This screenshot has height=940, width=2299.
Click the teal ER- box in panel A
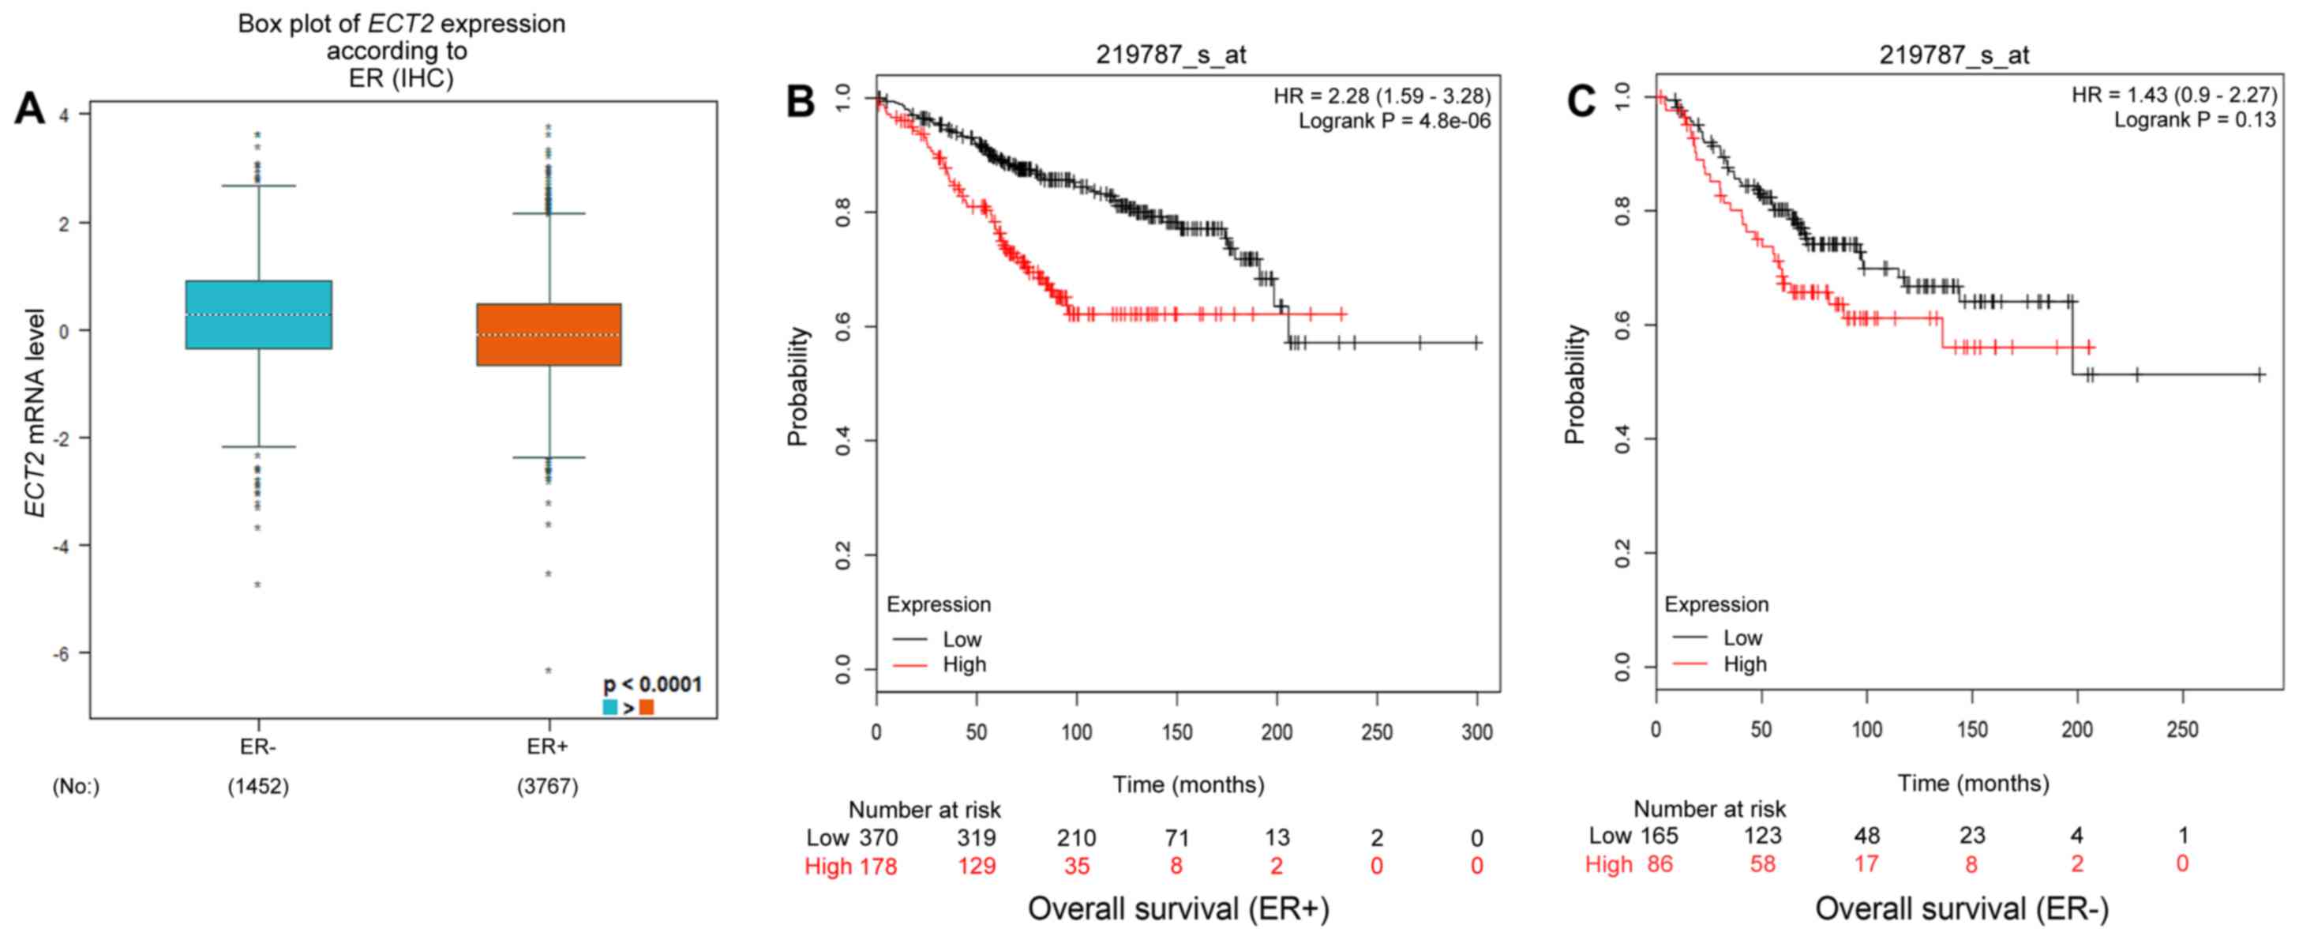coord(259,314)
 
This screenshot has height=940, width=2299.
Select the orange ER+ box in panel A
coord(548,335)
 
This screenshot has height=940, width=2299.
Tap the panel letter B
coord(800,102)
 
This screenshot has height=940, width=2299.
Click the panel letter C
coord(1581,102)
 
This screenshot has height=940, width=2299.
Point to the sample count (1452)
coord(258,787)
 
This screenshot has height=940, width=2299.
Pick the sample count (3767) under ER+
coord(547,787)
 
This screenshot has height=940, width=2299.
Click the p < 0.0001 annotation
coord(652,685)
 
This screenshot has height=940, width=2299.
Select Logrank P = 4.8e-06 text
coord(1394,121)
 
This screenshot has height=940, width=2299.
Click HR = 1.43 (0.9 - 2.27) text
coord(2174,95)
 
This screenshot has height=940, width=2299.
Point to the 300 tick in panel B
coord(1477,732)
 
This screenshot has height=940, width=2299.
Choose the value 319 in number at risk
coord(977,837)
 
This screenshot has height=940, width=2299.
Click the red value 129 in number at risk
coord(977,865)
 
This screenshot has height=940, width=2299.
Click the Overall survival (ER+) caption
coord(1178,908)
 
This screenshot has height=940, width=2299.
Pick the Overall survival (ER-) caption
coord(1962,908)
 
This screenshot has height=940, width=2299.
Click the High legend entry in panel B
coord(964,664)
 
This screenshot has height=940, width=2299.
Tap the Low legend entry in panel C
coord(1742,637)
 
